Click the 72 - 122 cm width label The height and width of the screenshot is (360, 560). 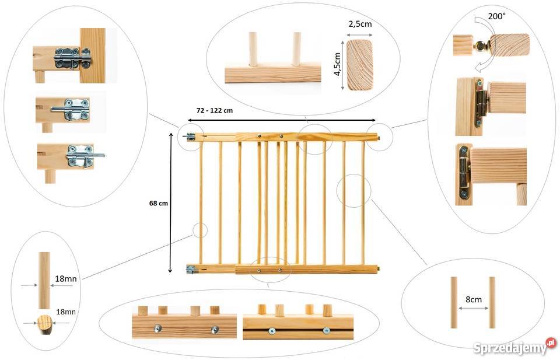(215, 110)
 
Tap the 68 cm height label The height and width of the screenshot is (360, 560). (159, 203)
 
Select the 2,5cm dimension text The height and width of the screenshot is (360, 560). (360, 25)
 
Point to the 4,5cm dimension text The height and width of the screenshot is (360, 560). (337, 64)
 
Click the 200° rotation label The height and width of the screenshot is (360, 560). (497, 16)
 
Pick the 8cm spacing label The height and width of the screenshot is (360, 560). (474, 299)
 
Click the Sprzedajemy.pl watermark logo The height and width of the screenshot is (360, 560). (514, 347)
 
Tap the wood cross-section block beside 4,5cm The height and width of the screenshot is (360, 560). (360, 65)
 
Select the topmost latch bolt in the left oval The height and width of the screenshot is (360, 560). (72, 58)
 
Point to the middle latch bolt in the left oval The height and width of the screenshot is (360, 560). (71, 109)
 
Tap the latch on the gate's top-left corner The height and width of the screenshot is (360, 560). (190, 136)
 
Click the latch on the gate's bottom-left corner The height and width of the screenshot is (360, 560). (191, 270)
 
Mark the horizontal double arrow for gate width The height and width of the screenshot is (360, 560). (281, 120)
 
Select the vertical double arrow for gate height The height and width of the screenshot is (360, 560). (171, 203)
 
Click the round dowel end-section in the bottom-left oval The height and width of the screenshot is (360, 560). (45, 324)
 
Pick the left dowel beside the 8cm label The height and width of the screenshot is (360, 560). (454, 302)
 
